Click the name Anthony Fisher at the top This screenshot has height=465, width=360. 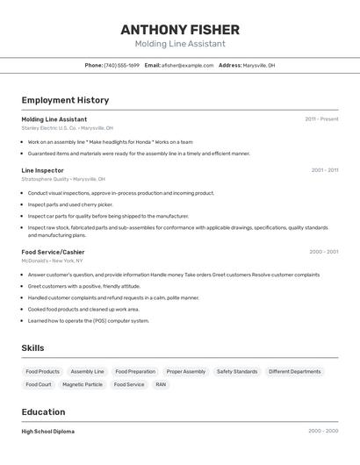click(179, 29)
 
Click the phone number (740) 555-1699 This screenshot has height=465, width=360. click(121, 65)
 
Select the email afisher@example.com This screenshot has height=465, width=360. click(187, 65)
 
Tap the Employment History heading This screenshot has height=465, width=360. click(65, 100)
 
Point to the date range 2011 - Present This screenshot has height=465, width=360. click(321, 118)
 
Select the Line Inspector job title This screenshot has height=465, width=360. click(42, 170)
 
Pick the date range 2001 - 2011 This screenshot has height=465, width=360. click(324, 170)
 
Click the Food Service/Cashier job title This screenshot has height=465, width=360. click(53, 252)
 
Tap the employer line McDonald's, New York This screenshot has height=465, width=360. click(52, 261)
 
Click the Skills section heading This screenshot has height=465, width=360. click(32, 348)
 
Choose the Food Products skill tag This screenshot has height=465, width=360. click(42, 371)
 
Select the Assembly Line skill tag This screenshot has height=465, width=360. click(87, 371)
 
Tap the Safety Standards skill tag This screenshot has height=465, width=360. click(236, 371)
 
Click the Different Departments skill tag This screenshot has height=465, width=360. click(294, 371)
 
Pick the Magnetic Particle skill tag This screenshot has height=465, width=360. click(83, 384)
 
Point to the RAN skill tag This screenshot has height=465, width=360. click(161, 384)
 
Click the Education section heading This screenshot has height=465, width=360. click(43, 411)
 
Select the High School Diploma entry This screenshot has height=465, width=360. click(47, 432)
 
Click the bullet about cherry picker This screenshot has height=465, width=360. click(70, 204)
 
